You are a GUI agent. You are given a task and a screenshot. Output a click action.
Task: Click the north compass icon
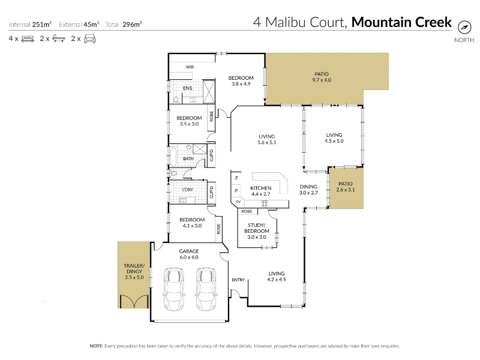click(x=464, y=28)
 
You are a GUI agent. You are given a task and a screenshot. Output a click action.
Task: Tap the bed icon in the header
click(x=28, y=39)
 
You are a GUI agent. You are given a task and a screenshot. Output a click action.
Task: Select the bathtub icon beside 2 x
click(x=59, y=38)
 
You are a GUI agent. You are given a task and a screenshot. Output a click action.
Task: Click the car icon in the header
click(x=89, y=39)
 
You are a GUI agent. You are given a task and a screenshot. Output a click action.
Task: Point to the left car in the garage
click(x=174, y=289)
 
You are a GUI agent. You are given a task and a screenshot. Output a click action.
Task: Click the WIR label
click(x=190, y=67)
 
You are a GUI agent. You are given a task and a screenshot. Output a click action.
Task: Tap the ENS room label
click(x=188, y=88)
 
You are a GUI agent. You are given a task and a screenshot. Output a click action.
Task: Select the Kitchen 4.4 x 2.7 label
click(x=261, y=191)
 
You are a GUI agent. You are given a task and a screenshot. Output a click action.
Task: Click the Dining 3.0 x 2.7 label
click(x=308, y=190)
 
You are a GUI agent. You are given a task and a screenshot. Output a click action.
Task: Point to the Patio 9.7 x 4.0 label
click(x=322, y=77)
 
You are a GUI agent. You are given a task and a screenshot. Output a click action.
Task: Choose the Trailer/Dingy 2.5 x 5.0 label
click(x=134, y=272)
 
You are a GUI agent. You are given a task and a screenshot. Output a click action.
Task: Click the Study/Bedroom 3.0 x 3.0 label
click(x=257, y=231)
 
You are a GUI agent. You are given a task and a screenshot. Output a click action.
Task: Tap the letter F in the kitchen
click(x=236, y=178)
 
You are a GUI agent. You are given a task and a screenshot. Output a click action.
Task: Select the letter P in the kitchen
click(x=236, y=191)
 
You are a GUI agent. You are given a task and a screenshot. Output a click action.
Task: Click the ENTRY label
click(x=238, y=280)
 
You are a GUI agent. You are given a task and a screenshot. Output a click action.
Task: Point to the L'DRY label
click(x=188, y=190)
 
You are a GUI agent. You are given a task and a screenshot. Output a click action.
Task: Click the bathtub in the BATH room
click(x=173, y=156)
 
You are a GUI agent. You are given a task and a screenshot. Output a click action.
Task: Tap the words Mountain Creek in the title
click(x=401, y=22)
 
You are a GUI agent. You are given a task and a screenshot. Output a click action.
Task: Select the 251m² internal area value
click(x=42, y=24)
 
